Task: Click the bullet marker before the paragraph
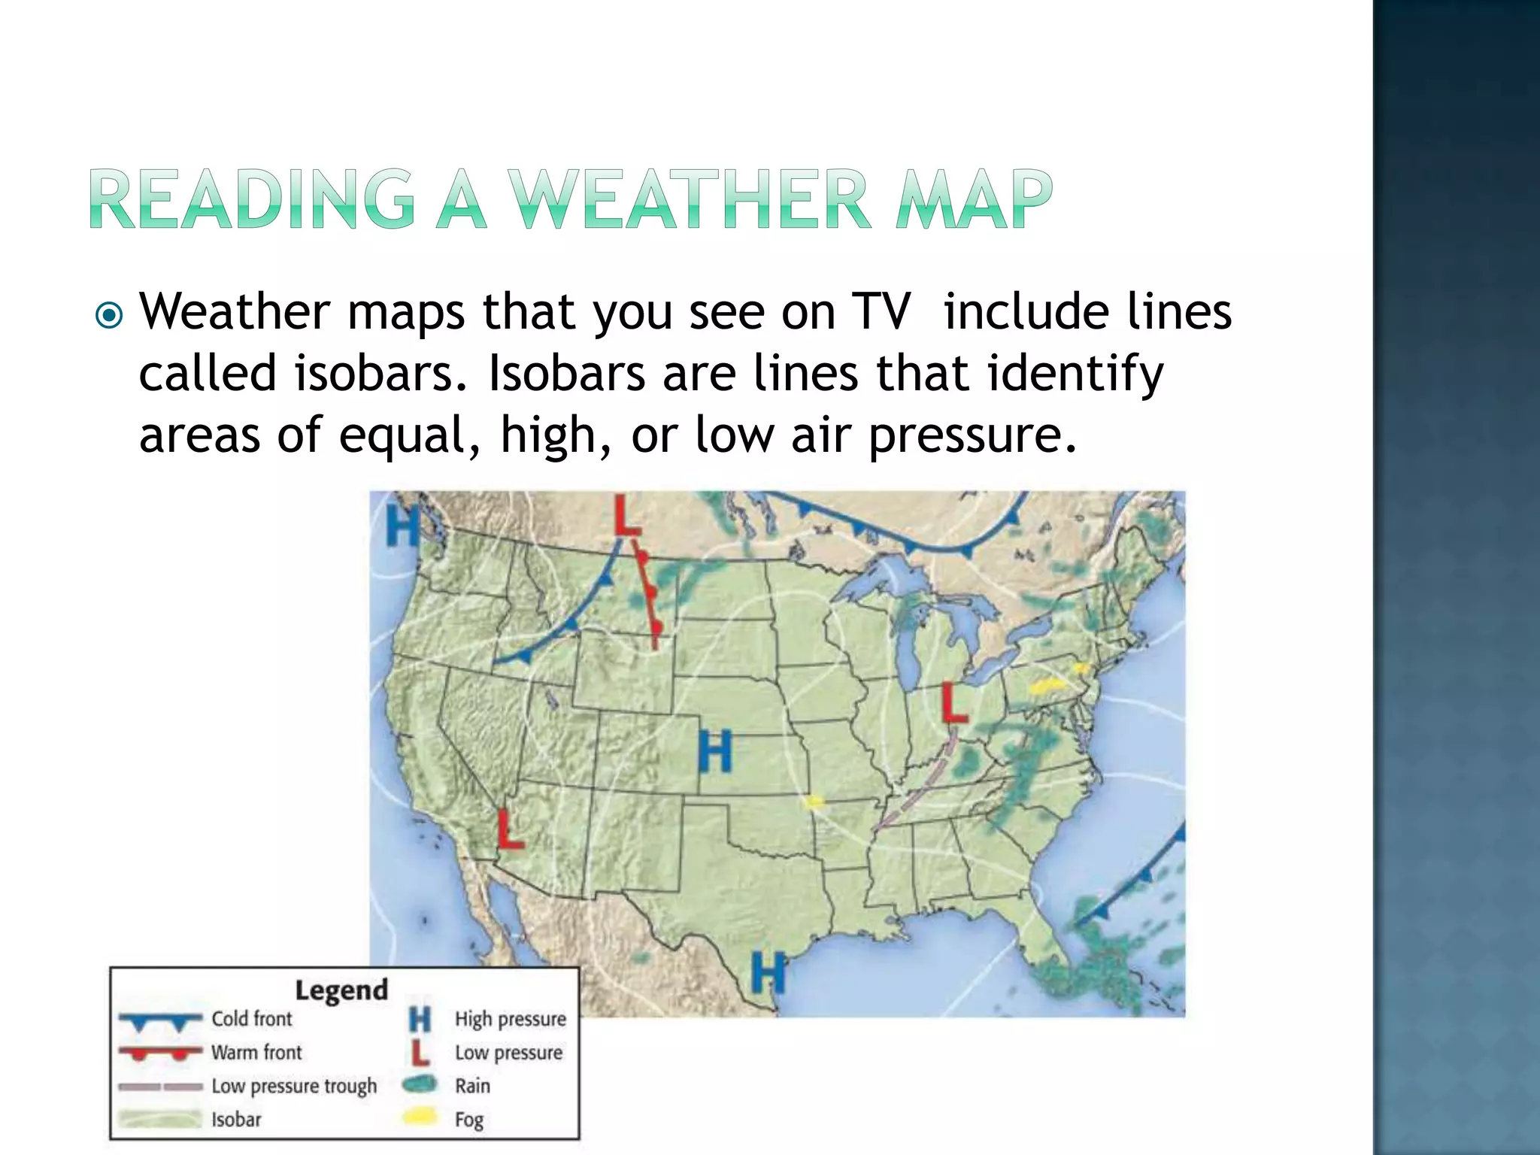pyautogui.click(x=110, y=315)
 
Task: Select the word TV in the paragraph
pyautogui.click(x=881, y=311)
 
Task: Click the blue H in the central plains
pyautogui.click(x=714, y=751)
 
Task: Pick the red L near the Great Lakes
pyautogui.click(x=953, y=703)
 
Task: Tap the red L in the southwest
pyautogui.click(x=511, y=829)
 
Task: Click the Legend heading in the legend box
pyautogui.click(x=341, y=990)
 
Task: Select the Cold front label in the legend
pyautogui.click(x=251, y=1019)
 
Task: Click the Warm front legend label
pyautogui.click(x=256, y=1052)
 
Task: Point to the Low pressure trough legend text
pyautogui.click(x=294, y=1086)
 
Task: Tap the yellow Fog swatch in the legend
pyautogui.click(x=420, y=1117)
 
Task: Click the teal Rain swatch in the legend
pyautogui.click(x=420, y=1084)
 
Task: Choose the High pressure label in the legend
pyautogui.click(x=510, y=1019)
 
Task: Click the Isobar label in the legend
pyautogui.click(x=236, y=1119)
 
